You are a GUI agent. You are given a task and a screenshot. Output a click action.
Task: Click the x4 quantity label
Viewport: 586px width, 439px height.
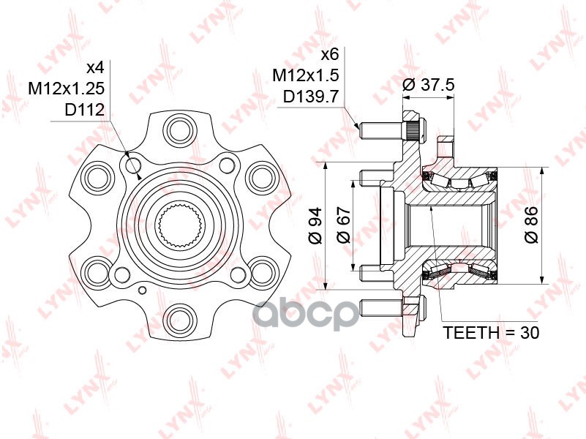(x=96, y=68)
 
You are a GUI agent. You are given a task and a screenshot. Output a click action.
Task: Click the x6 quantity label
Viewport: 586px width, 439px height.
(x=332, y=55)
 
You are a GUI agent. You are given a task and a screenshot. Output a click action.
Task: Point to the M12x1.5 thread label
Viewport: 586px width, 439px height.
(x=305, y=75)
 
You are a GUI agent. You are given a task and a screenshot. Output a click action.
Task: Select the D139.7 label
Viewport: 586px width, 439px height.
(x=310, y=96)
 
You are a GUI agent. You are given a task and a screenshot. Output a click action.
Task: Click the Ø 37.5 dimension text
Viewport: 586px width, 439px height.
(x=429, y=85)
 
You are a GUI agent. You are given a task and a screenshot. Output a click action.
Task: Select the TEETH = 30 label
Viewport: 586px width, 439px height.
(x=491, y=333)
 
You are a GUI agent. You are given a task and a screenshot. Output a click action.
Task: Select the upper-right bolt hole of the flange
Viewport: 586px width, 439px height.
(x=259, y=176)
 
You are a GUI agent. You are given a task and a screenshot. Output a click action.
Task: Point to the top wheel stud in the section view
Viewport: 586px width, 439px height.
(x=383, y=130)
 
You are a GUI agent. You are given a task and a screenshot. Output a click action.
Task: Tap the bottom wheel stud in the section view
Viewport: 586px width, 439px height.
(x=383, y=305)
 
